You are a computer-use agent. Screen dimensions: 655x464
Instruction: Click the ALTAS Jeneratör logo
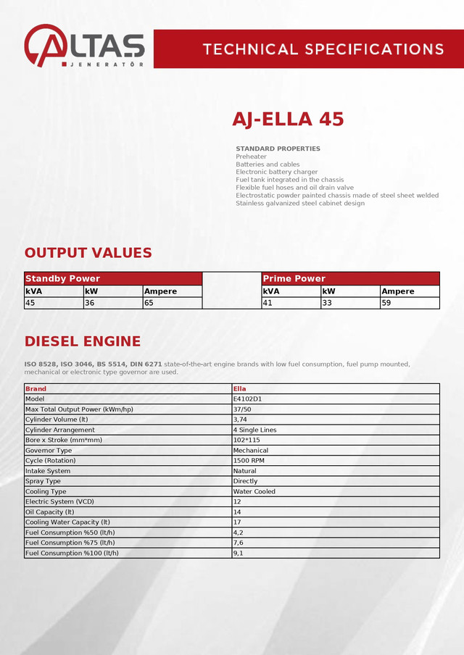pyautogui.click(x=84, y=46)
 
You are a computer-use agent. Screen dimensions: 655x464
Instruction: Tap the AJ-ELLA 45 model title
pyautogui.click(x=288, y=119)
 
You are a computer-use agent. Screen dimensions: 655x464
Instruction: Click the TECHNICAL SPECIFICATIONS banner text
pyautogui.click(x=323, y=49)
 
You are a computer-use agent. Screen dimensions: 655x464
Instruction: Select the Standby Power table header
pyautogui.click(x=63, y=278)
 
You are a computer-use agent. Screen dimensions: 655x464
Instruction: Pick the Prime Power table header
pyautogui.click(x=294, y=278)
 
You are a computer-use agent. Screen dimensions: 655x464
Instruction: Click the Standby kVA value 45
pyautogui.click(x=30, y=303)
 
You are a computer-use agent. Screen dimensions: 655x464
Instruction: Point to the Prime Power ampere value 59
pyautogui.click(x=386, y=303)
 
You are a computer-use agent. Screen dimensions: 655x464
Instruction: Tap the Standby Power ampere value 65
pyautogui.click(x=149, y=303)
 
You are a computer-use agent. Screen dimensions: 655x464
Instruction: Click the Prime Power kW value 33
pyautogui.click(x=327, y=303)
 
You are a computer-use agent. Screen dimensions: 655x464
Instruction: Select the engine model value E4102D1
pyautogui.click(x=248, y=399)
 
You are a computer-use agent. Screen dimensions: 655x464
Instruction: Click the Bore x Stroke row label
pyautogui.click(x=64, y=440)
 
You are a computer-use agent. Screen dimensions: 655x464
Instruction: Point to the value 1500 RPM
pyautogui.click(x=249, y=460)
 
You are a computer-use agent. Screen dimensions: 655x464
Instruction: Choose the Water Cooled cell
pyautogui.click(x=254, y=491)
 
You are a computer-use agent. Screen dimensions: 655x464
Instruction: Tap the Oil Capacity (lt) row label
pyautogui.click(x=50, y=512)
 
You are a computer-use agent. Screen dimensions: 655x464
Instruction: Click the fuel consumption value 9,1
pyautogui.click(x=238, y=553)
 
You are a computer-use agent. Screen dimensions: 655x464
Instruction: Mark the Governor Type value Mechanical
pyautogui.click(x=251, y=450)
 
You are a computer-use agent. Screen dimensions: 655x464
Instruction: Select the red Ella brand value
pyautogui.click(x=240, y=389)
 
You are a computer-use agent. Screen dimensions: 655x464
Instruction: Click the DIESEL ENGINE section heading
pyautogui.click(x=83, y=341)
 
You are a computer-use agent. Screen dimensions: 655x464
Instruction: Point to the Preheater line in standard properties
pyautogui.click(x=252, y=157)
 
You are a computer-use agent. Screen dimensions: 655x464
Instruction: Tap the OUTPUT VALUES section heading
pyautogui.click(x=88, y=253)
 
